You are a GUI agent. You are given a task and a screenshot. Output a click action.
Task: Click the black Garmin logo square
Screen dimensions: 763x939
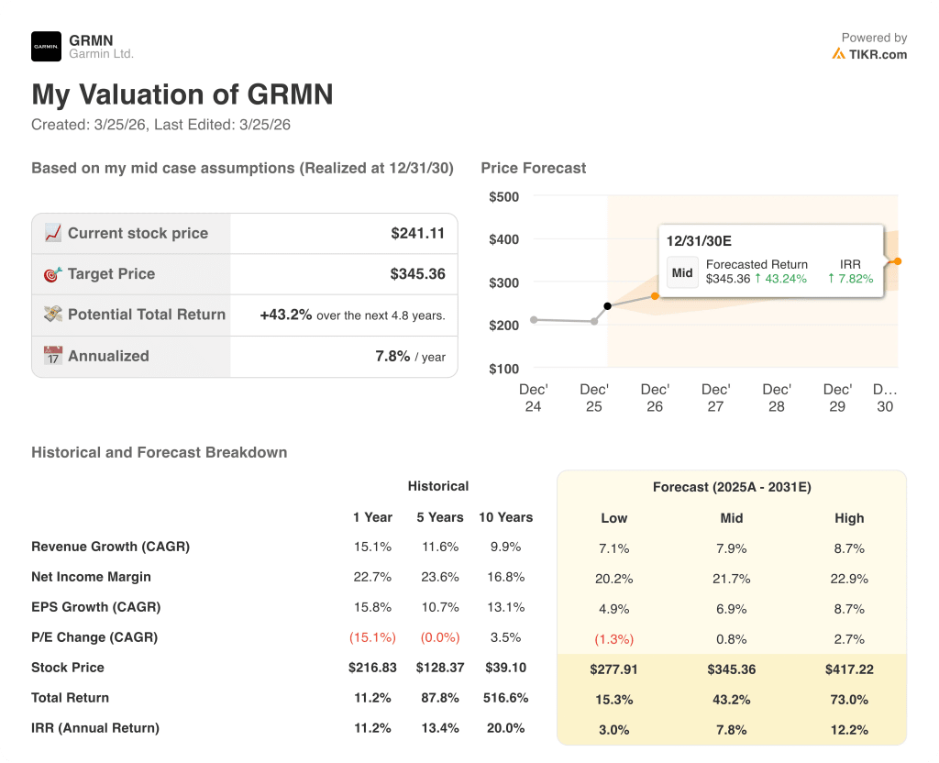[x=46, y=46]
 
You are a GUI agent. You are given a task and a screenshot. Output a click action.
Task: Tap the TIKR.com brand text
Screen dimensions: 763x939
[x=877, y=54]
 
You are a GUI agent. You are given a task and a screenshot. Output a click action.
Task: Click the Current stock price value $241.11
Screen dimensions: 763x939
[x=417, y=234]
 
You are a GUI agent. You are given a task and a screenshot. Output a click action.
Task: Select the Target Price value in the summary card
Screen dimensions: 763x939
[x=417, y=274]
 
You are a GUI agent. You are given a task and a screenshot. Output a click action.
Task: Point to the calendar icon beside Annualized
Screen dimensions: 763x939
[x=53, y=356]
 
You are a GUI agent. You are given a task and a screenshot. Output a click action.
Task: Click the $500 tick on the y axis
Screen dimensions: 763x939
[x=503, y=196]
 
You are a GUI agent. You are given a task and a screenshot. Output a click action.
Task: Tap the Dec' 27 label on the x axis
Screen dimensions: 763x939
[x=715, y=398]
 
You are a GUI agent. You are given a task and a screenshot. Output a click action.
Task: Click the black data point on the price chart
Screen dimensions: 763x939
[x=607, y=306]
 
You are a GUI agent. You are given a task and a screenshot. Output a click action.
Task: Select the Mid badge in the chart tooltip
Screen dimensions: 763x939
[x=682, y=272]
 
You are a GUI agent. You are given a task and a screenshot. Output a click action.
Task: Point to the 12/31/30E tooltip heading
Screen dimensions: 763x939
[x=699, y=241]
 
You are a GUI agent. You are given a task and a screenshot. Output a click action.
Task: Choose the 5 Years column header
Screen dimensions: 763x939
[x=439, y=517]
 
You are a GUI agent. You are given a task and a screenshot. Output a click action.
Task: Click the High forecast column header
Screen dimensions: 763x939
[x=849, y=518]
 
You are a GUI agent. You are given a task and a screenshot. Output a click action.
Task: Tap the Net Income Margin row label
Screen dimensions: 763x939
[x=91, y=577]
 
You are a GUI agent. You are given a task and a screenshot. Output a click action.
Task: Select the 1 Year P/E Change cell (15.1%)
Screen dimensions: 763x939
[x=372, y=637]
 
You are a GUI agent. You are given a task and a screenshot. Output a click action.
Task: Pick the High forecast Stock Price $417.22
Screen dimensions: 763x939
[x=849, y=669]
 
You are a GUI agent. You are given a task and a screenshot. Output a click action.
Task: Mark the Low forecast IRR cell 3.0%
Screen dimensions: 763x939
[x=613, y=730]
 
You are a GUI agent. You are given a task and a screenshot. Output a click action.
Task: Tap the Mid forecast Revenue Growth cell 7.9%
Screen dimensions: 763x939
[x=731, y=548]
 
